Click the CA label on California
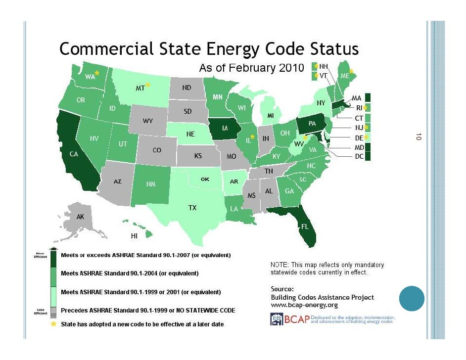(x=74, y=154)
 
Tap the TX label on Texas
(x=192, y=208)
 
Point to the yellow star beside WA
(x=97, y=73)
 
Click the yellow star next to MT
(x=147, y=85)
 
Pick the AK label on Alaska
(x=80, y=217)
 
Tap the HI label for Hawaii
(x=134, y=236)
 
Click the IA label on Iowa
(x=225, y=129)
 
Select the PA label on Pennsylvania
(x=312, y=123)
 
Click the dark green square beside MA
(x=368, y=98)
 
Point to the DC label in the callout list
(x=359, y=157)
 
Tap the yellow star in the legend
(x=53, y=324)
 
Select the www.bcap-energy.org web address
(x=304, y=305)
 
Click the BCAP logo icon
(x=276, y=319)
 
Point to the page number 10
(x=418, y=136)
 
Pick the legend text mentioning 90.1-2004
(x=130, y=273)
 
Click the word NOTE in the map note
(x=280, y=265)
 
